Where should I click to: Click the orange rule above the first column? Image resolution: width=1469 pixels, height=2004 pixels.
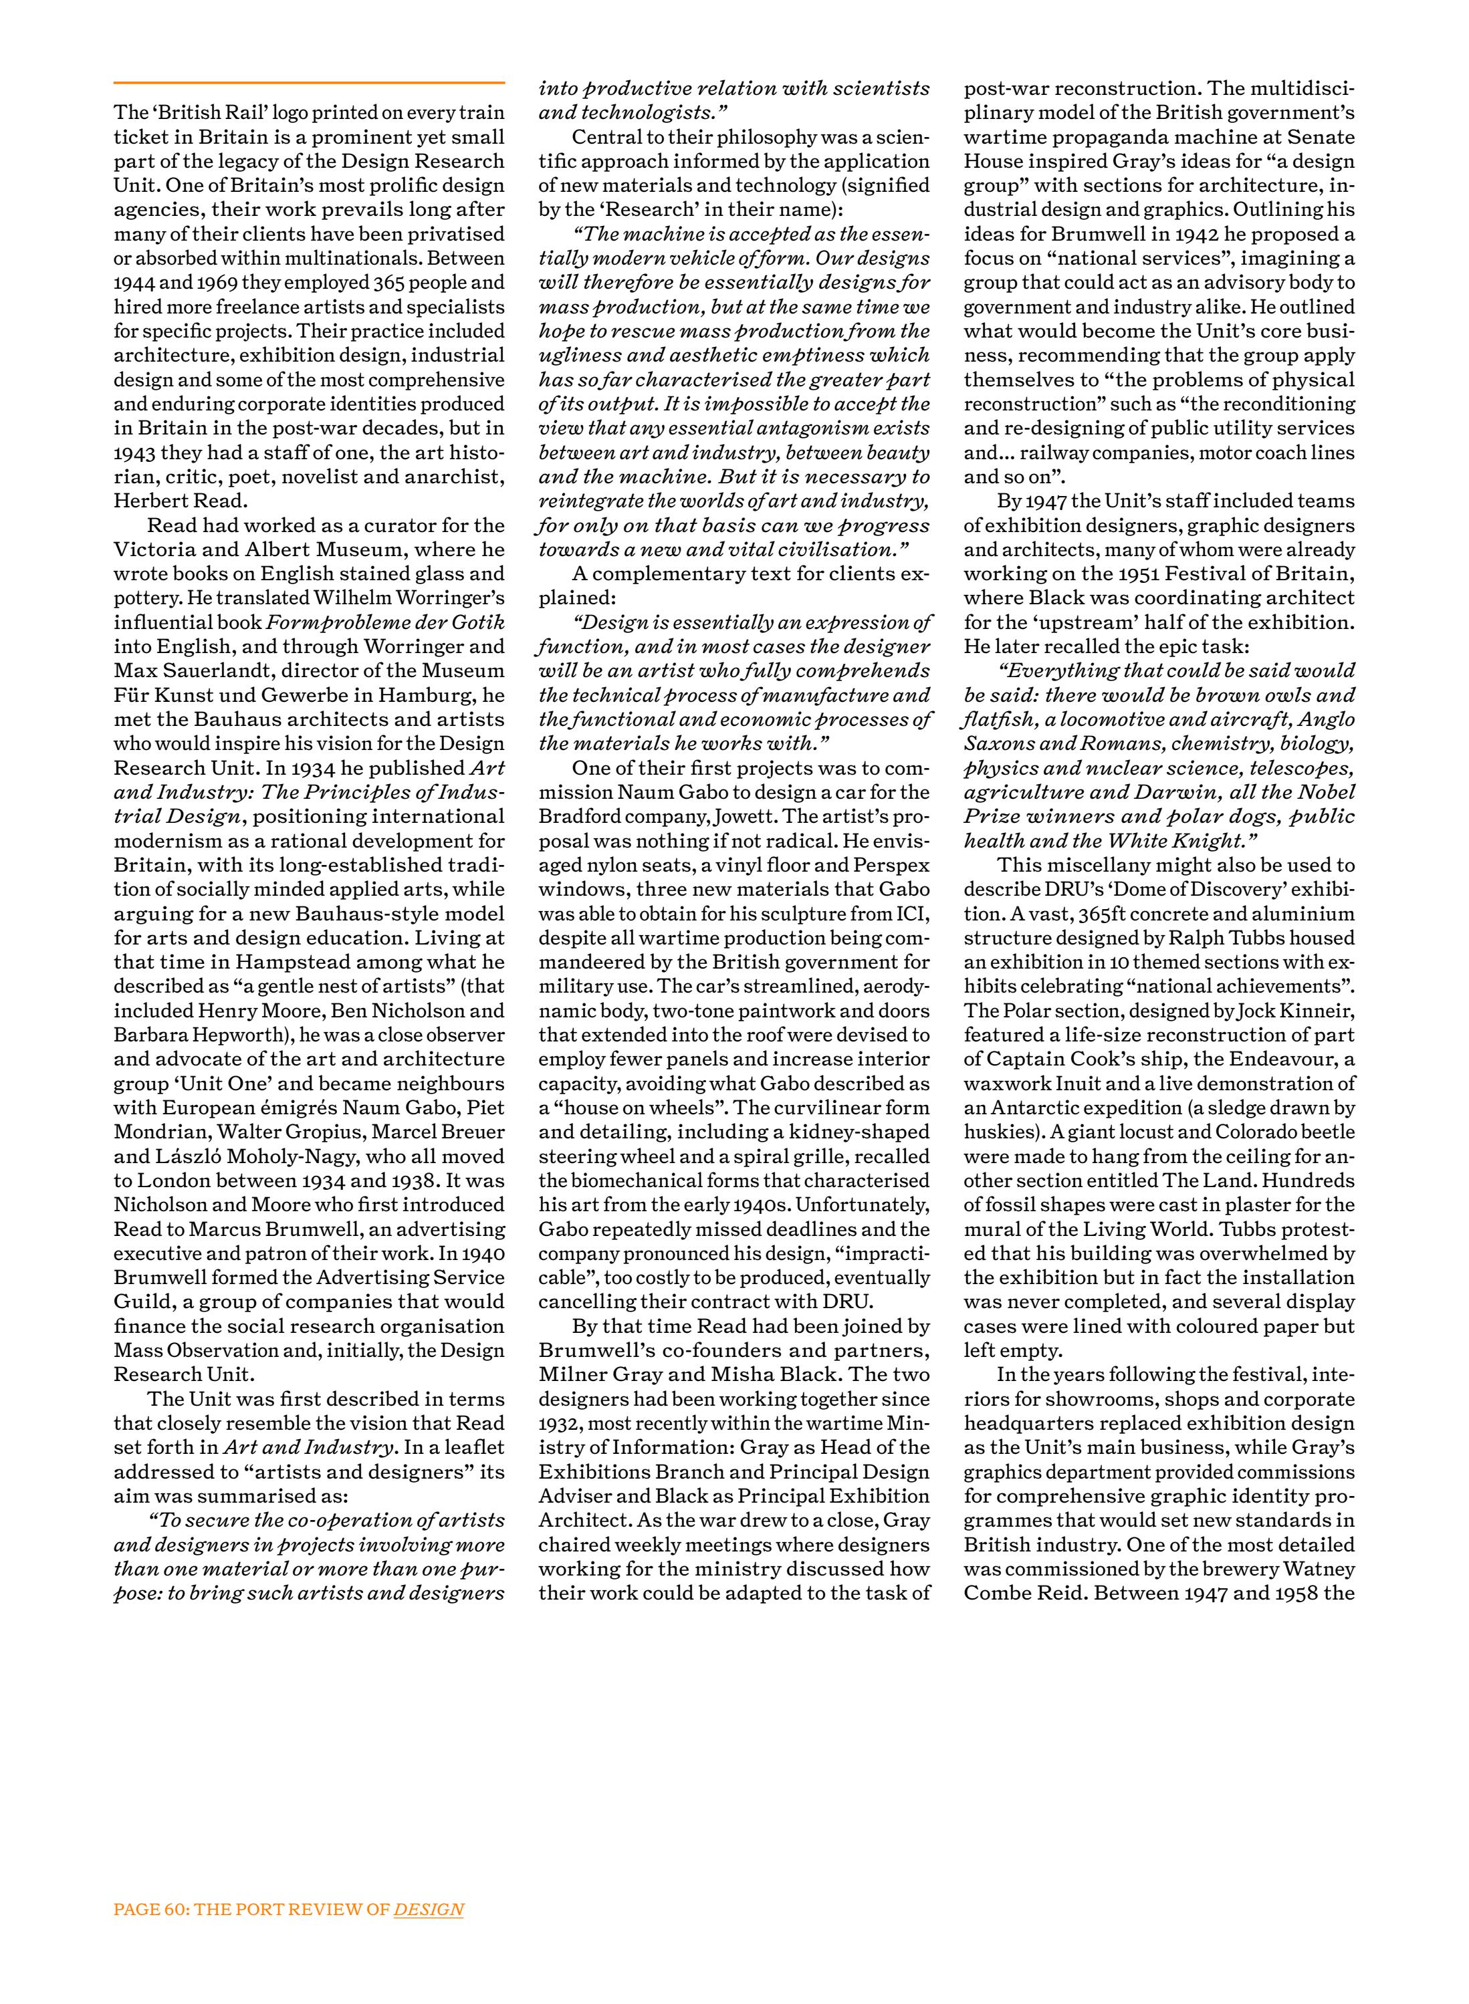pos(308,83)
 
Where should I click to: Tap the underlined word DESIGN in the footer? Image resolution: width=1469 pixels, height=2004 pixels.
pos(429,1910)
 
